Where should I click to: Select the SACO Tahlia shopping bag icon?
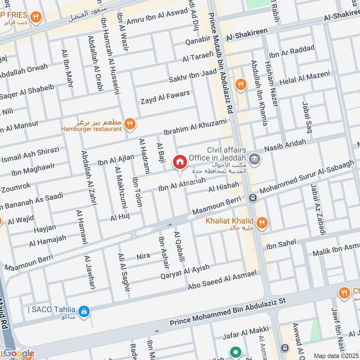(84, 310)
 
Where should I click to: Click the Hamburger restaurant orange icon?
(130, 123)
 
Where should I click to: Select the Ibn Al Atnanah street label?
(182, 184)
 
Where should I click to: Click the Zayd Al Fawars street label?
(165, 97)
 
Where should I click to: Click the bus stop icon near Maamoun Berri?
(253, 198)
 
